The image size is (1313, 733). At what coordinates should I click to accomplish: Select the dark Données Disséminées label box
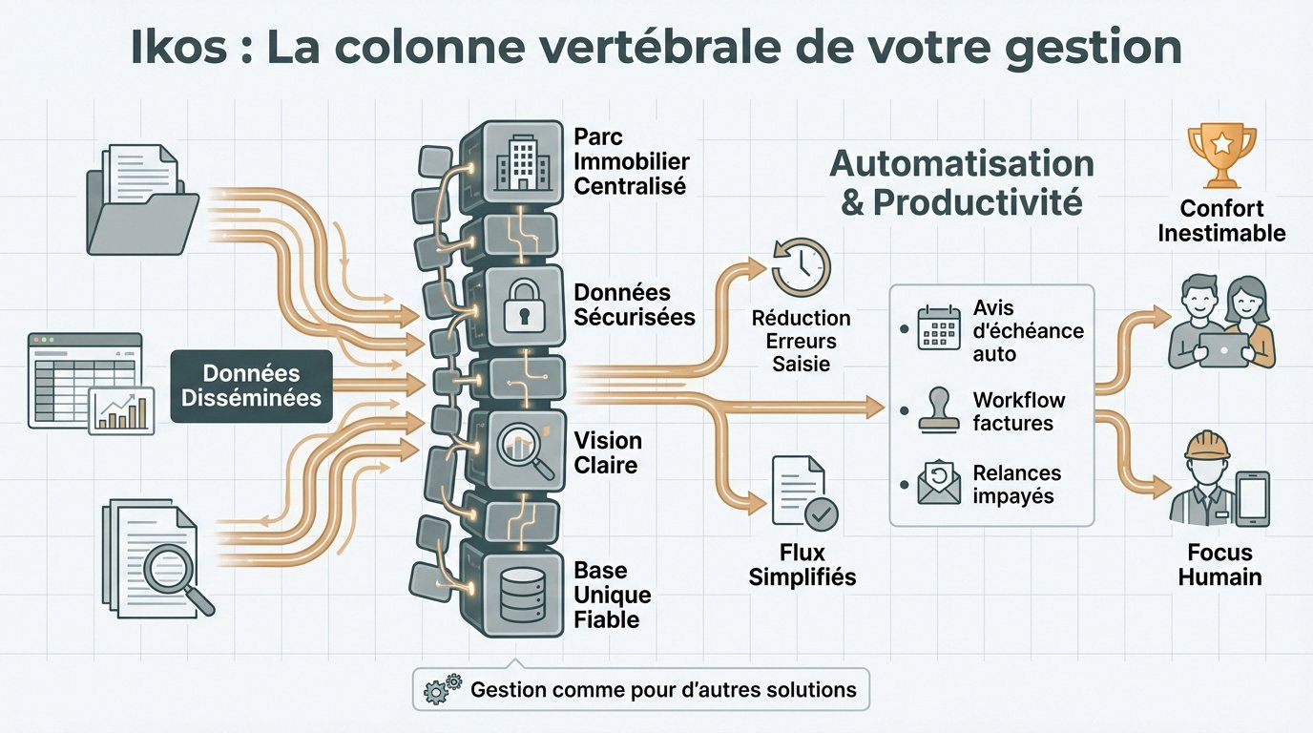pos(251,386)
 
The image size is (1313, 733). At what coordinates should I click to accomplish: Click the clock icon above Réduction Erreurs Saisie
pos(801,268)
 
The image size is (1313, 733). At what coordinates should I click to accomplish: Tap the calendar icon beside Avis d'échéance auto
pos(937,327)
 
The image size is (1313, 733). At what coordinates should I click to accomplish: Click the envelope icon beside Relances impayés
pos(937,483)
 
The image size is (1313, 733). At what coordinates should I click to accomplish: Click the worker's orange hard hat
pos(1207,445)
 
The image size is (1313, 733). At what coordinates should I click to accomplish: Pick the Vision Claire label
pos(608,453)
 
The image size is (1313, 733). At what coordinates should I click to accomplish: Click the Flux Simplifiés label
pos(802,565)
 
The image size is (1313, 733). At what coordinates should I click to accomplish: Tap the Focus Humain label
pos(1219,565)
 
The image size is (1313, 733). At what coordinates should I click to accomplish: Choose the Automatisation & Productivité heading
pos(961,182)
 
